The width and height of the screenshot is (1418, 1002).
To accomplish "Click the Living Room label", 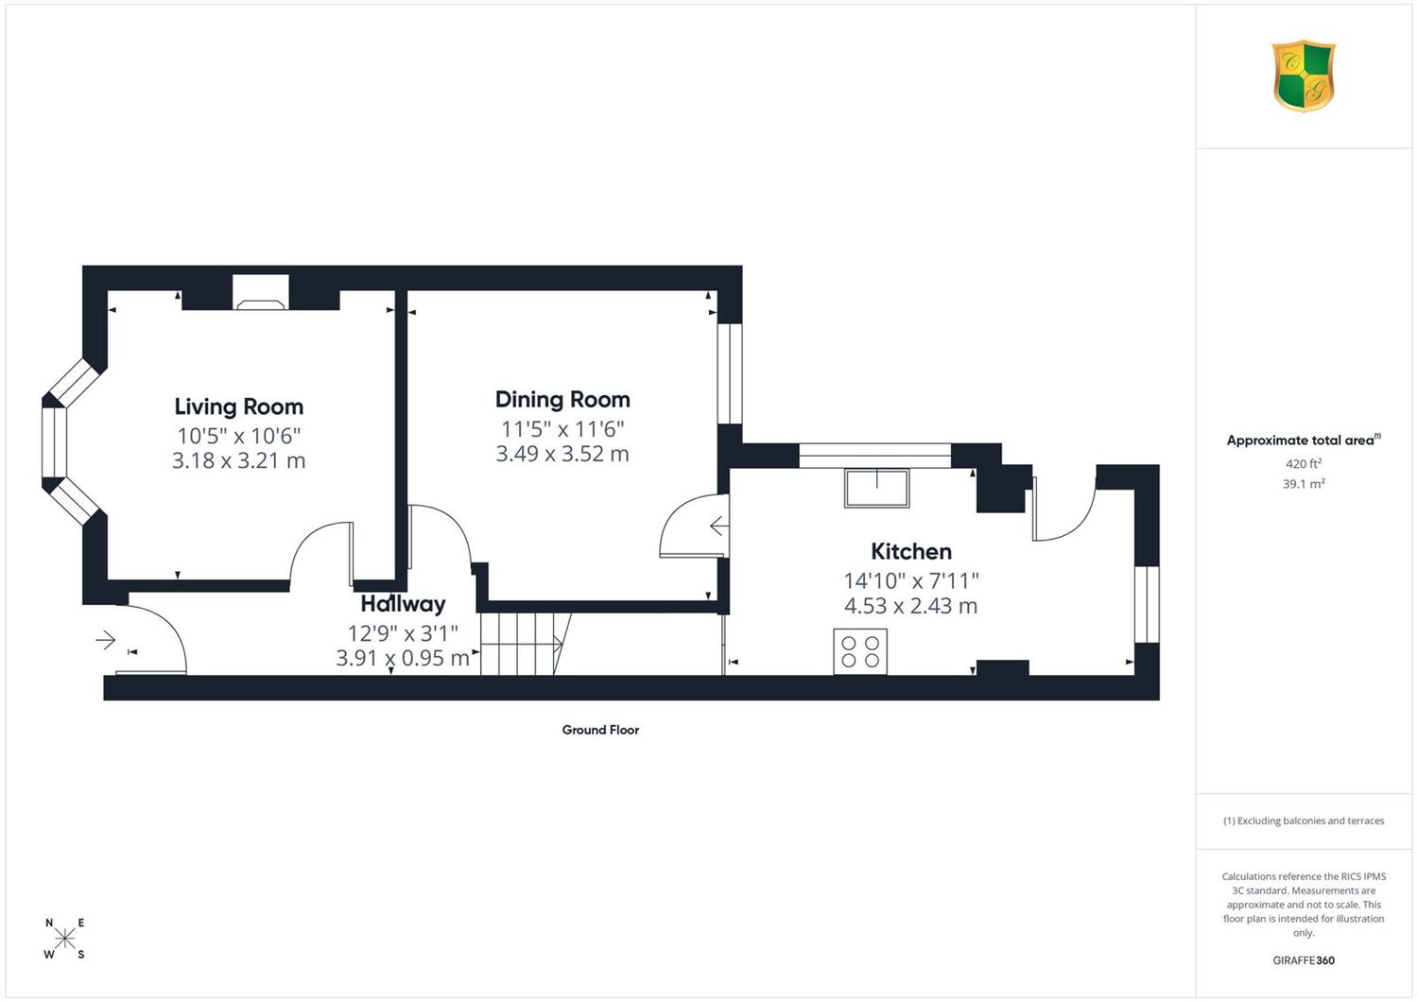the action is (x=238, y=406).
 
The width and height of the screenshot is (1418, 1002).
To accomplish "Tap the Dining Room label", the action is (x=562, y=400).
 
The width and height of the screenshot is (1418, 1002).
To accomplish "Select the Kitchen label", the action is (x=911, y=551).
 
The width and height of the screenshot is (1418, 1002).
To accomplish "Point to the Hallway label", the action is (x=403, y=604).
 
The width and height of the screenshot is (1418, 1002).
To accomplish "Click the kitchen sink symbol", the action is (x=876, y=488).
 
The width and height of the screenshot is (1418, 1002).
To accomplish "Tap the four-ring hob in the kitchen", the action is (x=860, y=651).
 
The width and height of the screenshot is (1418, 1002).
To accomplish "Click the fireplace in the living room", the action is (x=261, y=292).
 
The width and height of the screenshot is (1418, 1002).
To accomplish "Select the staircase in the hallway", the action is (x=526, y=644).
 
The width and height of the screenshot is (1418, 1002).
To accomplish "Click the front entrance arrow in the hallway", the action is (x=106, y=640).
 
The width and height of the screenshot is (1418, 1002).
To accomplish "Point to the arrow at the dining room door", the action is (x=718, y=526).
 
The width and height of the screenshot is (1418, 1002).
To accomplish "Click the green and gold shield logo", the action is (x=1304, y=76).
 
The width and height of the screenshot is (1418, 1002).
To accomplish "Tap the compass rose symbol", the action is (x=64, y=938).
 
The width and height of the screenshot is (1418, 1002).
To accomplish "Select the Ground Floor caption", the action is (x=600, y=730).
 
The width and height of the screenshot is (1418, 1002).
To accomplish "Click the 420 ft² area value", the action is (x=1304, y=463).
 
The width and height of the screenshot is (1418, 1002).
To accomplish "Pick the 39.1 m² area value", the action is (x=1304, y=484).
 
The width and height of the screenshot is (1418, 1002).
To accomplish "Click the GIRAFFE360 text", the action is (x=1304, y=960).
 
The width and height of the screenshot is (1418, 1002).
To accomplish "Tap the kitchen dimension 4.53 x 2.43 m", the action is (x=910, y=606).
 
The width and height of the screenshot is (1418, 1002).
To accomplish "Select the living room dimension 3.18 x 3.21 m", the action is (x=238, y=460).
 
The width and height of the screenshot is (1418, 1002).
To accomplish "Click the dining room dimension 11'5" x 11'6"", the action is (x=562, y=429).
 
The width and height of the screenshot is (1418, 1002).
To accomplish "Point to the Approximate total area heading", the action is (x=1304, y=440).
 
